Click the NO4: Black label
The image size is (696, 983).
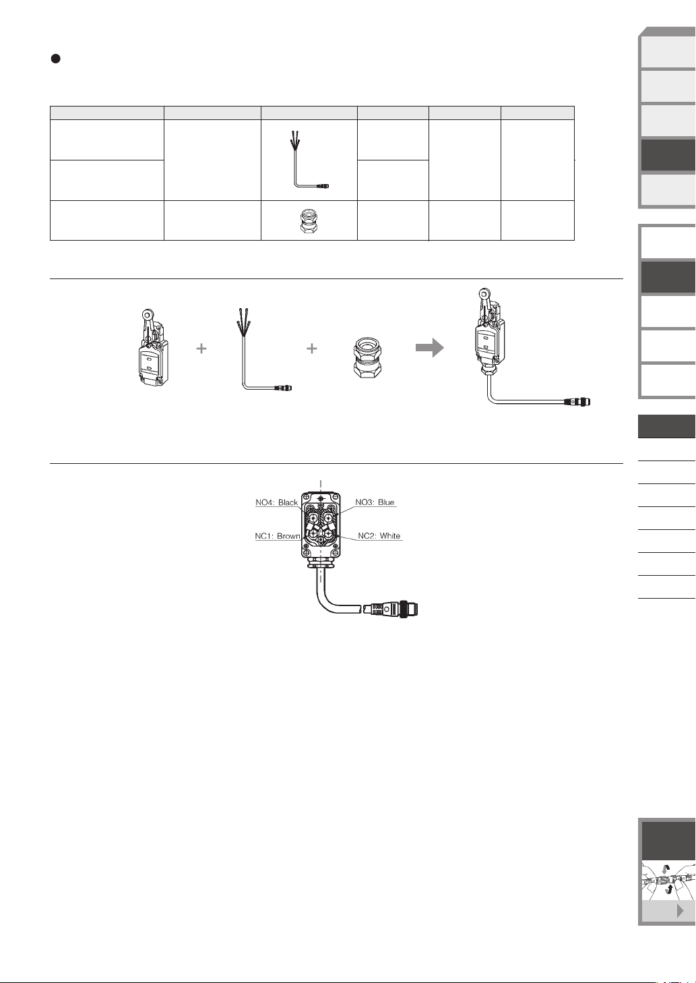(276, 502)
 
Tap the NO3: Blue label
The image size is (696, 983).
(375, 502)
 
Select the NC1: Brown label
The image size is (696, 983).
(277, 536)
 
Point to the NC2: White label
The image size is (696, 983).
(379, 536)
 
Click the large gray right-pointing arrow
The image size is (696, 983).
(429, 348)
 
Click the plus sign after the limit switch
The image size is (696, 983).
(201, 349)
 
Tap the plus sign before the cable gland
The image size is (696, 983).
(311, 349)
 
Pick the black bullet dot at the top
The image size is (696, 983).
(56, 59)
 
